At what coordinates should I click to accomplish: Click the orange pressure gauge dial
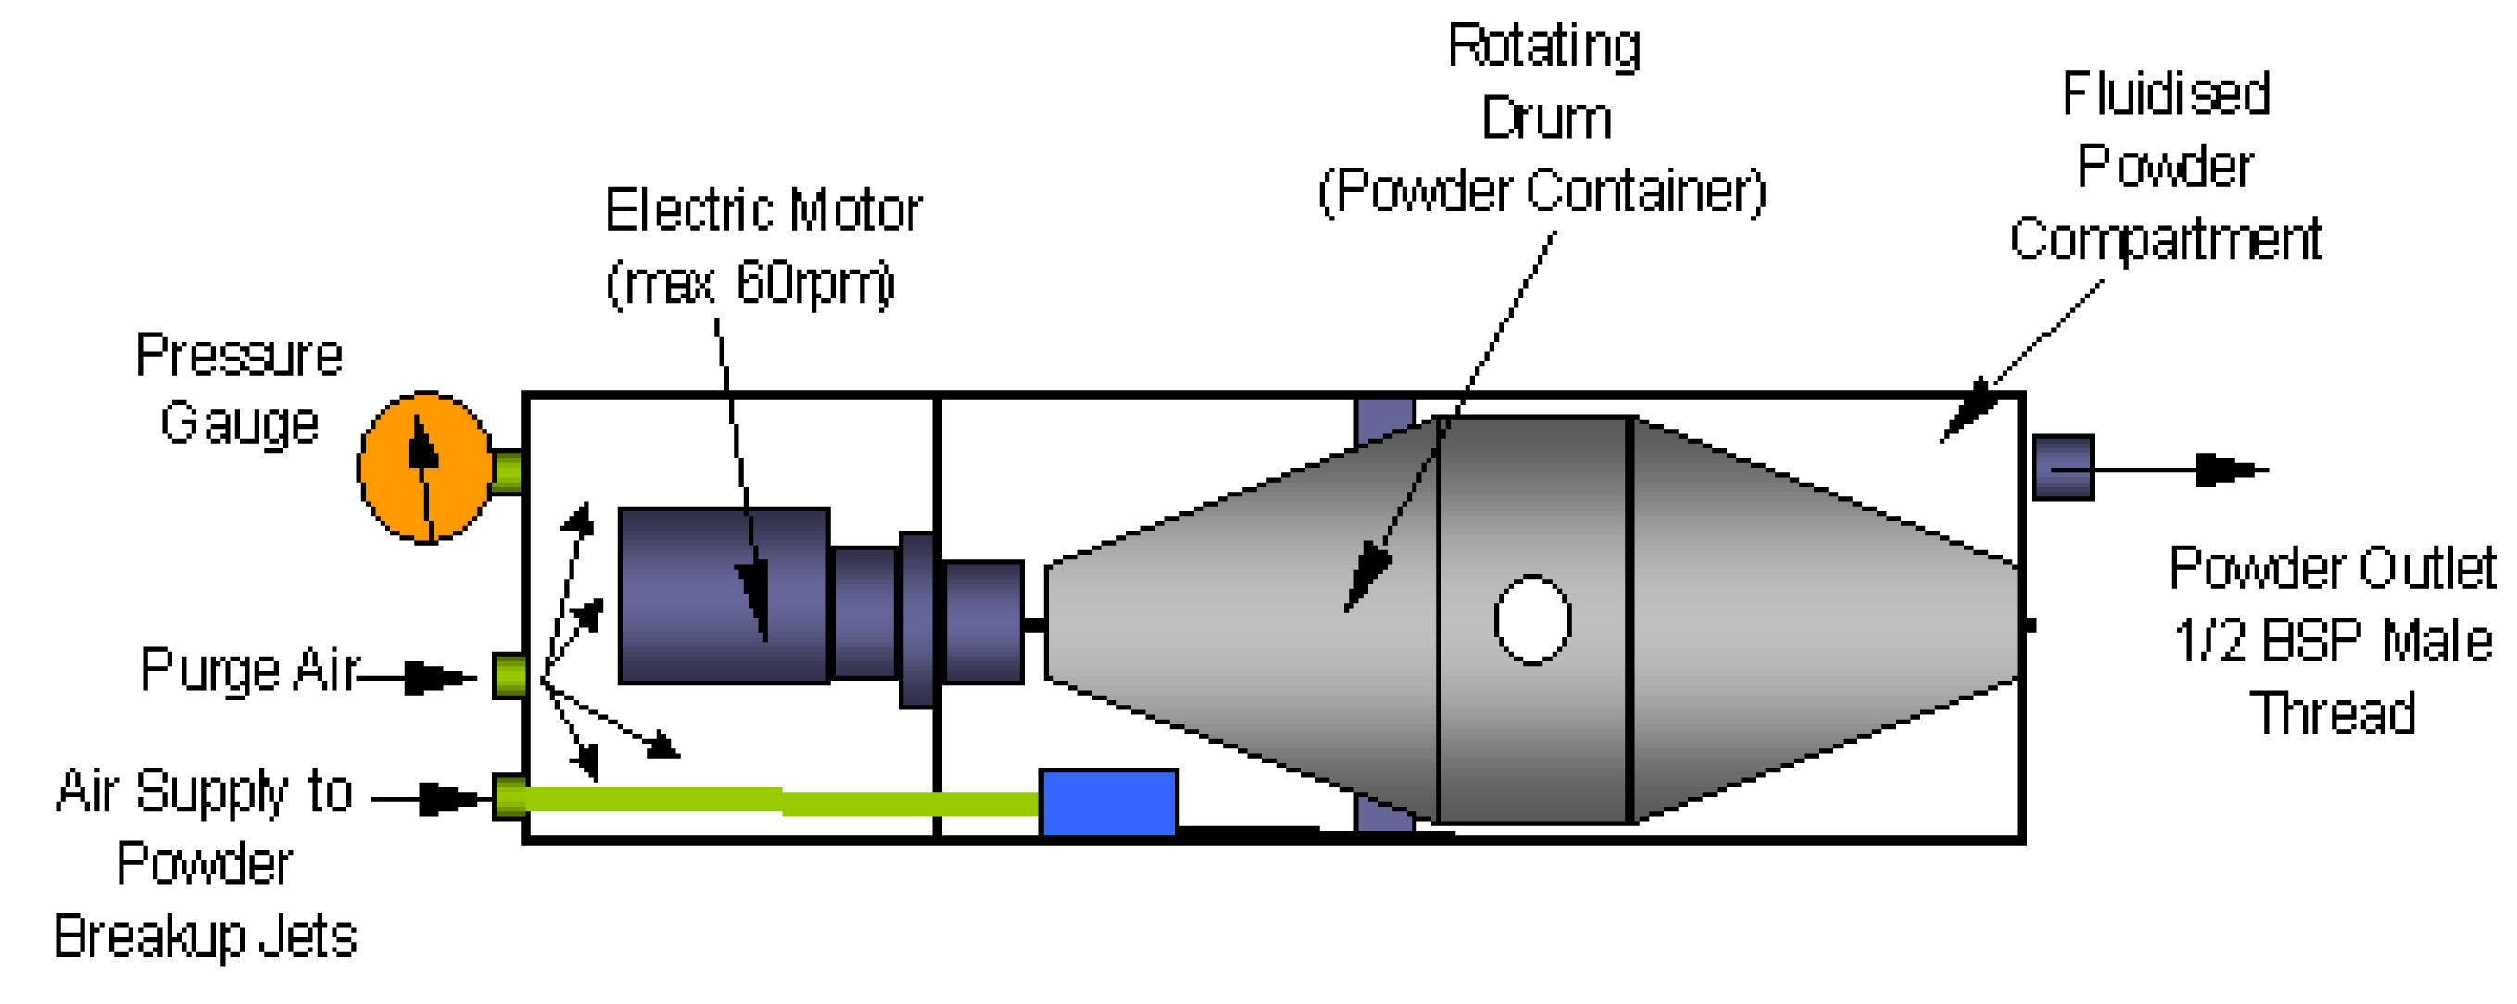[425, 468]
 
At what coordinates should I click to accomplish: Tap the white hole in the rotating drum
[1532, 621]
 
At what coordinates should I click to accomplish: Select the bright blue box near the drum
[1108, 803]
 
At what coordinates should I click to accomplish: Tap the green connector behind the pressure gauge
[507, 471]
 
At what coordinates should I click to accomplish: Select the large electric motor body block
[724, 595]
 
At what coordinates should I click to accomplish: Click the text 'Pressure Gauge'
[239, 389]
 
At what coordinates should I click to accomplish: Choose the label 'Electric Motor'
[762, 210]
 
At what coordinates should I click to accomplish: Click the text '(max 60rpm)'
[749, 283]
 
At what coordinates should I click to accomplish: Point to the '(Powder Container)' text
[1542, 191]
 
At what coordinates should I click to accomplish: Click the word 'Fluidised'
[2165, 94]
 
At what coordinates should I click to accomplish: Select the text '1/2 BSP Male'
[2333, 642]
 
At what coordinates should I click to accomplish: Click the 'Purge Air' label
[249, 671]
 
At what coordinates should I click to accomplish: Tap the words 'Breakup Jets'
[205, 935]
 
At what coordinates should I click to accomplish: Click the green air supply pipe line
[782, 802]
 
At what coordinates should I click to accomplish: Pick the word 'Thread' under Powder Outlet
[2333, 713]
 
